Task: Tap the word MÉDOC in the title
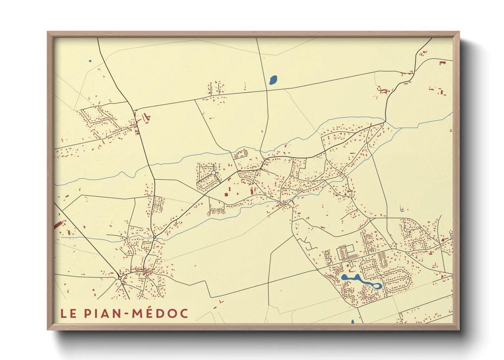click(160, 313)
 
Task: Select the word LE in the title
click(69, 313)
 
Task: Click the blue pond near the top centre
click(273, 80)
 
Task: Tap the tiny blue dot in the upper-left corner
click(90, 61)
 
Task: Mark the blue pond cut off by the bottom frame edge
click(352, 322)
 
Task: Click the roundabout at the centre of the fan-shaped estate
click(214, 173)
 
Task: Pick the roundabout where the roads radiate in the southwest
click(120, 278)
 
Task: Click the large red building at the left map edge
click(59, 225)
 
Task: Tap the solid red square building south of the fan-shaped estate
click(226, 194)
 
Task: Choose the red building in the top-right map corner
click(442, 63)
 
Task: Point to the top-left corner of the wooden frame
click(48, 32)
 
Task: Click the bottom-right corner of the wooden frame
click(459, 329)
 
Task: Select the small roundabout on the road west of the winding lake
click(317, 269)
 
